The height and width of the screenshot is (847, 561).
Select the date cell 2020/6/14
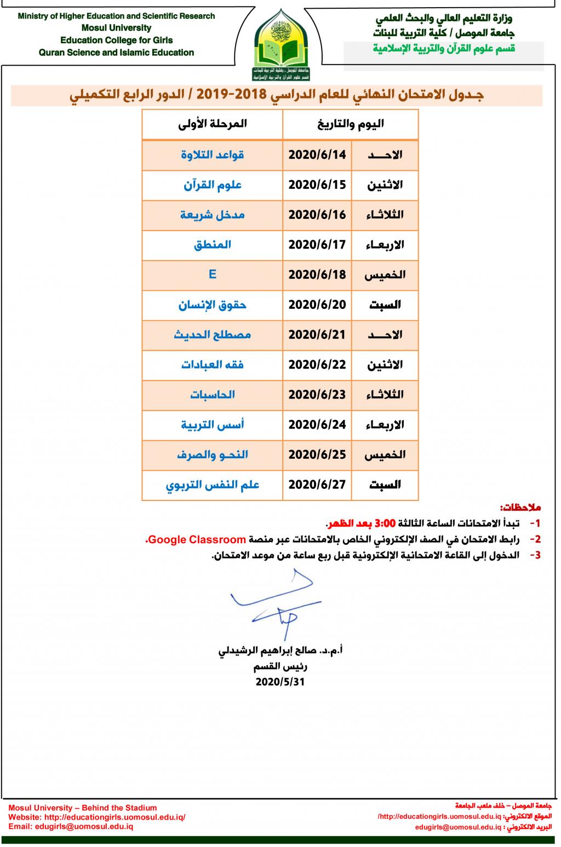tap(317, 155)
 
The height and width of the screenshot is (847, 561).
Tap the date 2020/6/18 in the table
tap(317, 274)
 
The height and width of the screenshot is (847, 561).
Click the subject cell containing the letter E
tap(213, 274)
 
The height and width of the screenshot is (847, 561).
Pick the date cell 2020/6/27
tap(317, 485)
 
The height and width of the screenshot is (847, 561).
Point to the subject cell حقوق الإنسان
tap(213, 304)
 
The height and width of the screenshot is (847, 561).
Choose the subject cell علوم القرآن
tap(213, 185)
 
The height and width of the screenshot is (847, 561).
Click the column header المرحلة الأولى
tap(213, 124)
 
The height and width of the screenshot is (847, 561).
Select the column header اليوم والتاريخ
tap(351, 124)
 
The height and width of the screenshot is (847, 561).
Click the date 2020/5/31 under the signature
tap(280, 682)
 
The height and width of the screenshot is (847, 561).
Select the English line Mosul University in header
tap(116, 28)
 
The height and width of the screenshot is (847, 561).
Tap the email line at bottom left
tap(71, 826)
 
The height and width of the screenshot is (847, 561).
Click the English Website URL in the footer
tap(97, 817)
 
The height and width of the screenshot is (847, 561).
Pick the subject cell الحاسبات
tap(213, 394)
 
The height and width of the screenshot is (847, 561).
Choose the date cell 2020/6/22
tap(317, 365)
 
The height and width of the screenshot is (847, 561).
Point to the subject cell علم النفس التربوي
tap(213, 485)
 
